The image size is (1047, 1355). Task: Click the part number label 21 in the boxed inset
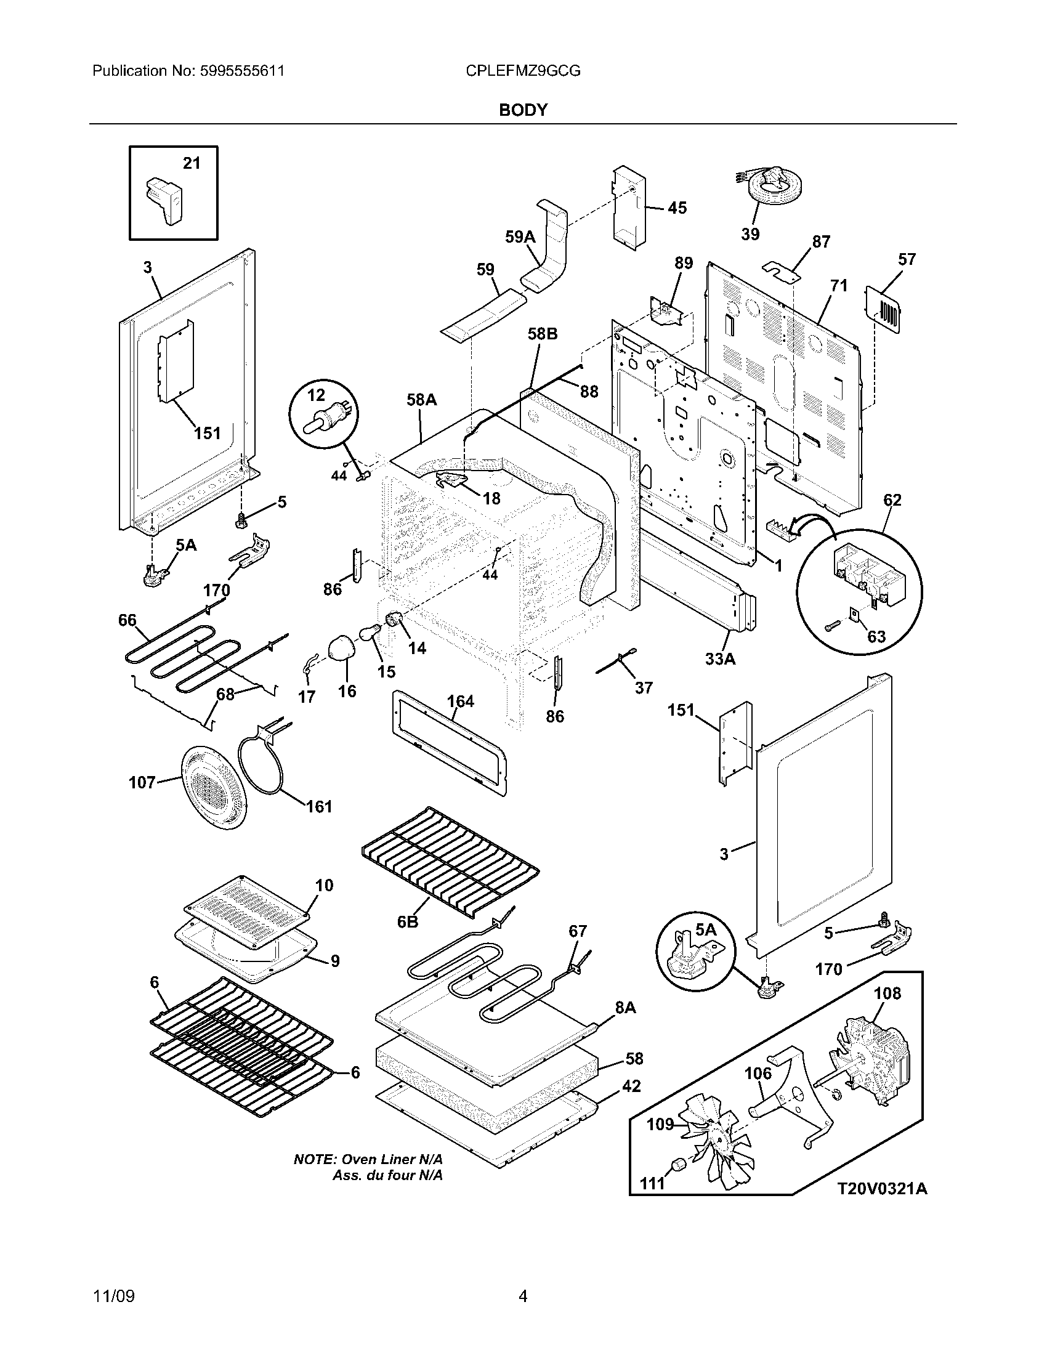point(192,163)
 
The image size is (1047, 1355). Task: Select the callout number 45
point(677,208)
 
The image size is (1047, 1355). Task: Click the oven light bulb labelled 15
point(370,633)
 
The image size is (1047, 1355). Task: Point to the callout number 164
point(460,701)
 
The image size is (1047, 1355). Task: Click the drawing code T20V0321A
point(882,1189)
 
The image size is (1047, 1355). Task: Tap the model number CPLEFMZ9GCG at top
point(523,71)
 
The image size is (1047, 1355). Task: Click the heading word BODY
point(523,110)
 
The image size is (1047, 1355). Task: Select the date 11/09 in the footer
point(113,1296)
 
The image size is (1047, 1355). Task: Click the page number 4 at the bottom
point(523,1296)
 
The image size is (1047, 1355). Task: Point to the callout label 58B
point(543,334)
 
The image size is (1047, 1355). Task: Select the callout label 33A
point(720,659)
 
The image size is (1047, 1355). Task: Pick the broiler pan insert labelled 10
point(248,913)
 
